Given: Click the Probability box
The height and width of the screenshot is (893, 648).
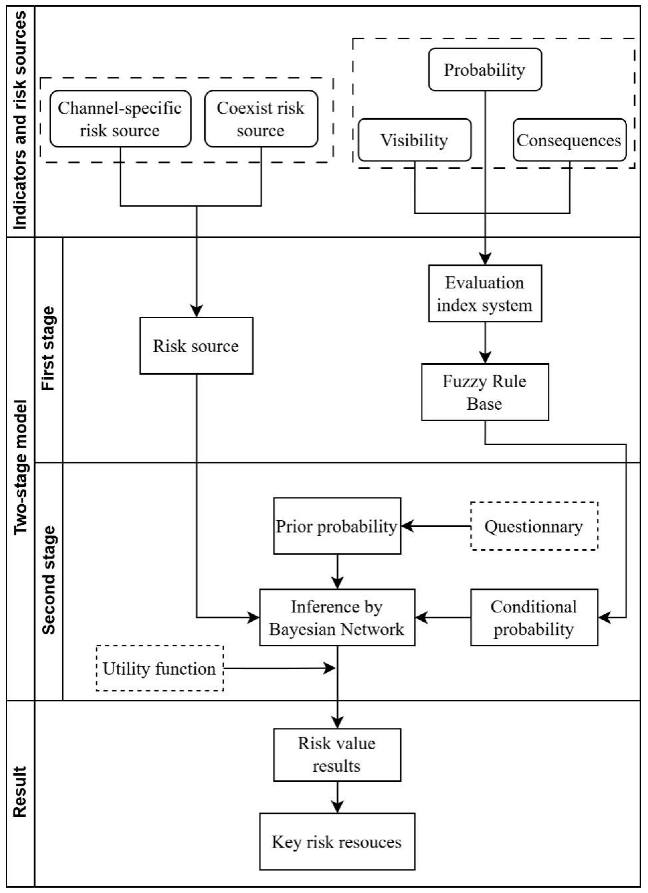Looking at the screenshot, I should pyautogui.click(x=485, y=70).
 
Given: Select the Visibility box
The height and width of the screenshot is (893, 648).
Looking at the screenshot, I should pyautogui.click(x=414, y=140).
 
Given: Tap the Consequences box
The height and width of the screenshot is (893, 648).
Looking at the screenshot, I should pyautogui.click(x=569, y=140).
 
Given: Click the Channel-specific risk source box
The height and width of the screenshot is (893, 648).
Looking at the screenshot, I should pyautogui.click(x=120, y=119).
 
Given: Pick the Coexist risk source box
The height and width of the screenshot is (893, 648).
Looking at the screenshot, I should pyautogui.click(x=261, y=119).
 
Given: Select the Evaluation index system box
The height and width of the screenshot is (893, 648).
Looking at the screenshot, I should pyautogui.click(x=485, y=294).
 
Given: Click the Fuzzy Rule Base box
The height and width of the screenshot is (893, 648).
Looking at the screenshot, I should pyautogui.click(x=485, y=392).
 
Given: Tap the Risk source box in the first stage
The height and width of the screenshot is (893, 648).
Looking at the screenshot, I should pyautogui.click(x=196, y=346).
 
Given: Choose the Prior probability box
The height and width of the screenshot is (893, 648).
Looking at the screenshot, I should pyautogui.click(x=337, y=526).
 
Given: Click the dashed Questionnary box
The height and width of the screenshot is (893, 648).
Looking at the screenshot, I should pyautogui.click(x=534, y=526).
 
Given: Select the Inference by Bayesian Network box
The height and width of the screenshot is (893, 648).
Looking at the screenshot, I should pyautogui.click(x=337, y=617).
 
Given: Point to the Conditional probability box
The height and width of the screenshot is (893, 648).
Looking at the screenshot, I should pyautogui.click(x=534, y=617).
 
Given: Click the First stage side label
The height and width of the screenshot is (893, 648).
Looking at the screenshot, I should pyautogui.click(x=48, y=349).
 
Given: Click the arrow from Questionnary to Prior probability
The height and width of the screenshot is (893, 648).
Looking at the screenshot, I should pyautogui.click(x=435, y=526).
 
